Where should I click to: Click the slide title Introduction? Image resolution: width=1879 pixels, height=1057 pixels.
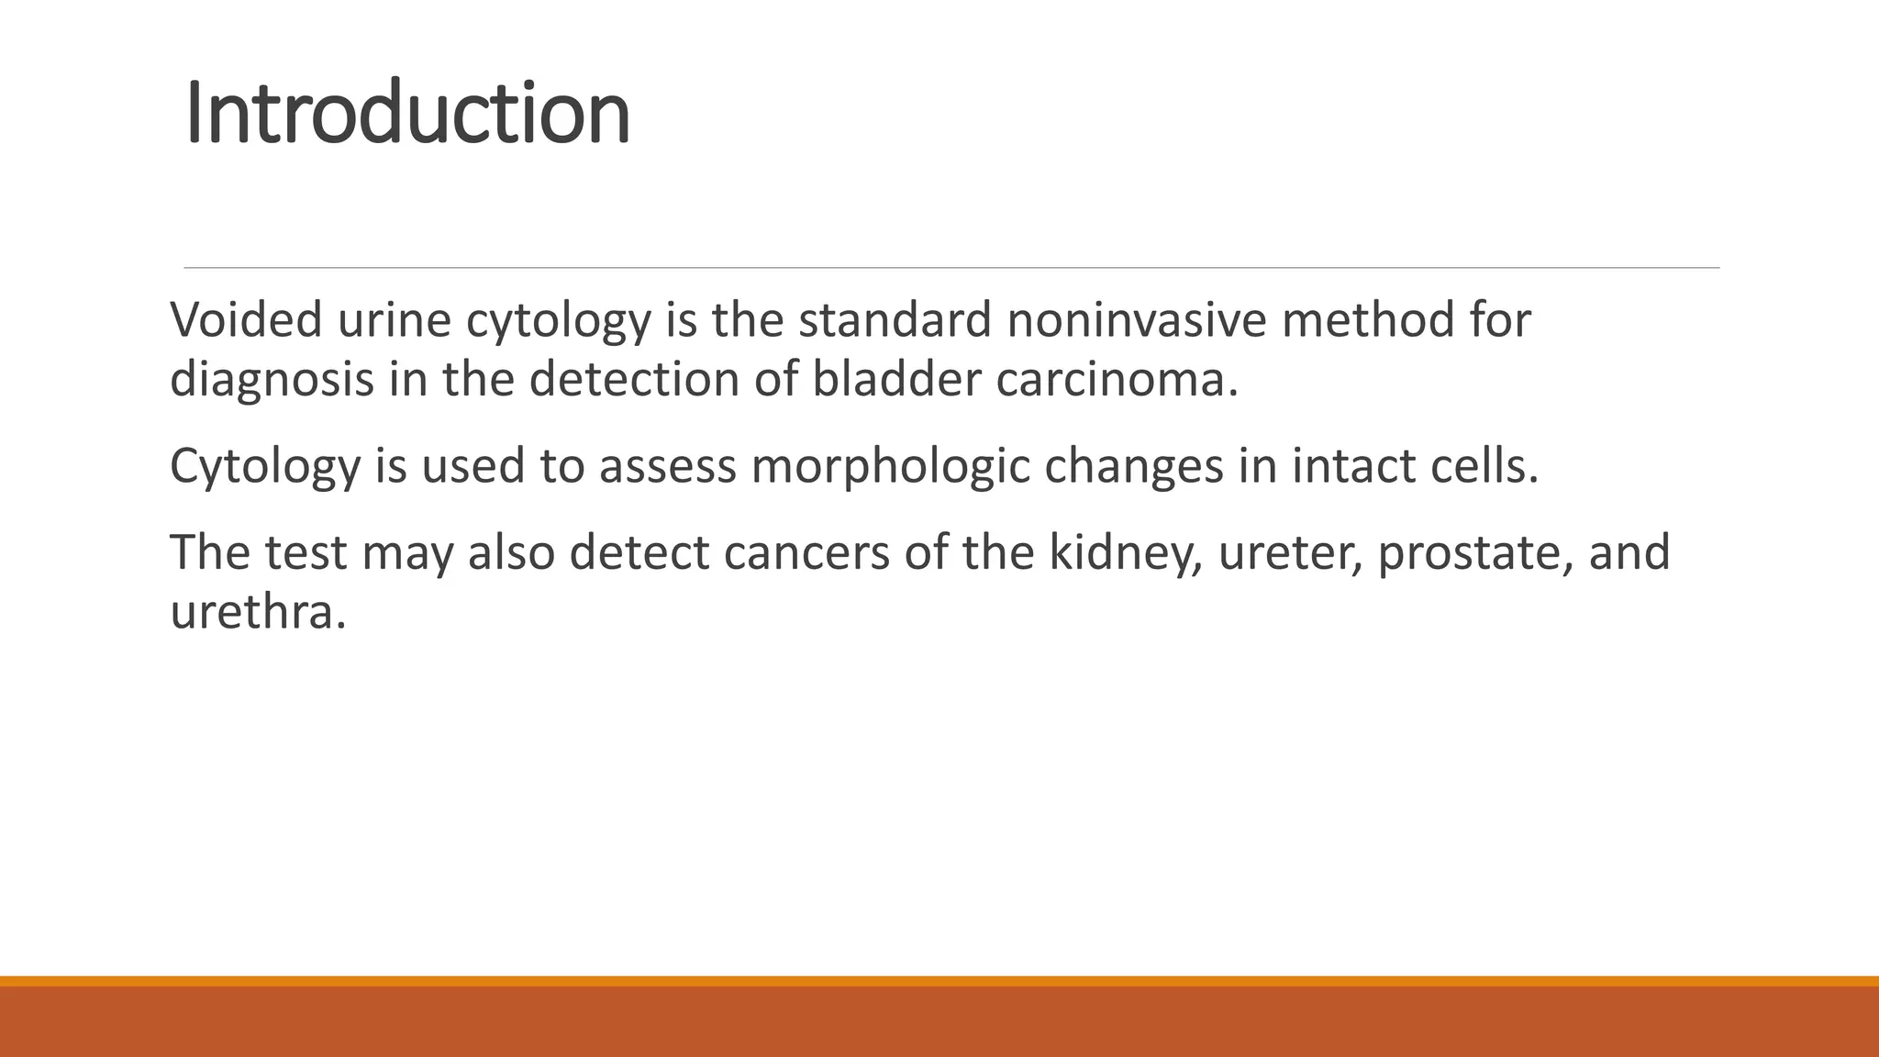(407, 114)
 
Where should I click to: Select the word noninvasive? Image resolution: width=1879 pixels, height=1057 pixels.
(1136, 320)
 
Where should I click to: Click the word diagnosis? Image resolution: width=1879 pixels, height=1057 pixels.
(272, 378)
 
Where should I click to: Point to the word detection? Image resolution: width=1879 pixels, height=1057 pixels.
(634, 378)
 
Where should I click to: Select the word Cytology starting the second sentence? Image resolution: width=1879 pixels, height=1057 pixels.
(265, 465)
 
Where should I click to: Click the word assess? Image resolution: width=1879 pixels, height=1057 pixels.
(668, 465)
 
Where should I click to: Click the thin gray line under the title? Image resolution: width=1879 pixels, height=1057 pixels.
(951, 268)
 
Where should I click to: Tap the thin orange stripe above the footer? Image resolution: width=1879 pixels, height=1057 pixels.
(939, 981)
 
